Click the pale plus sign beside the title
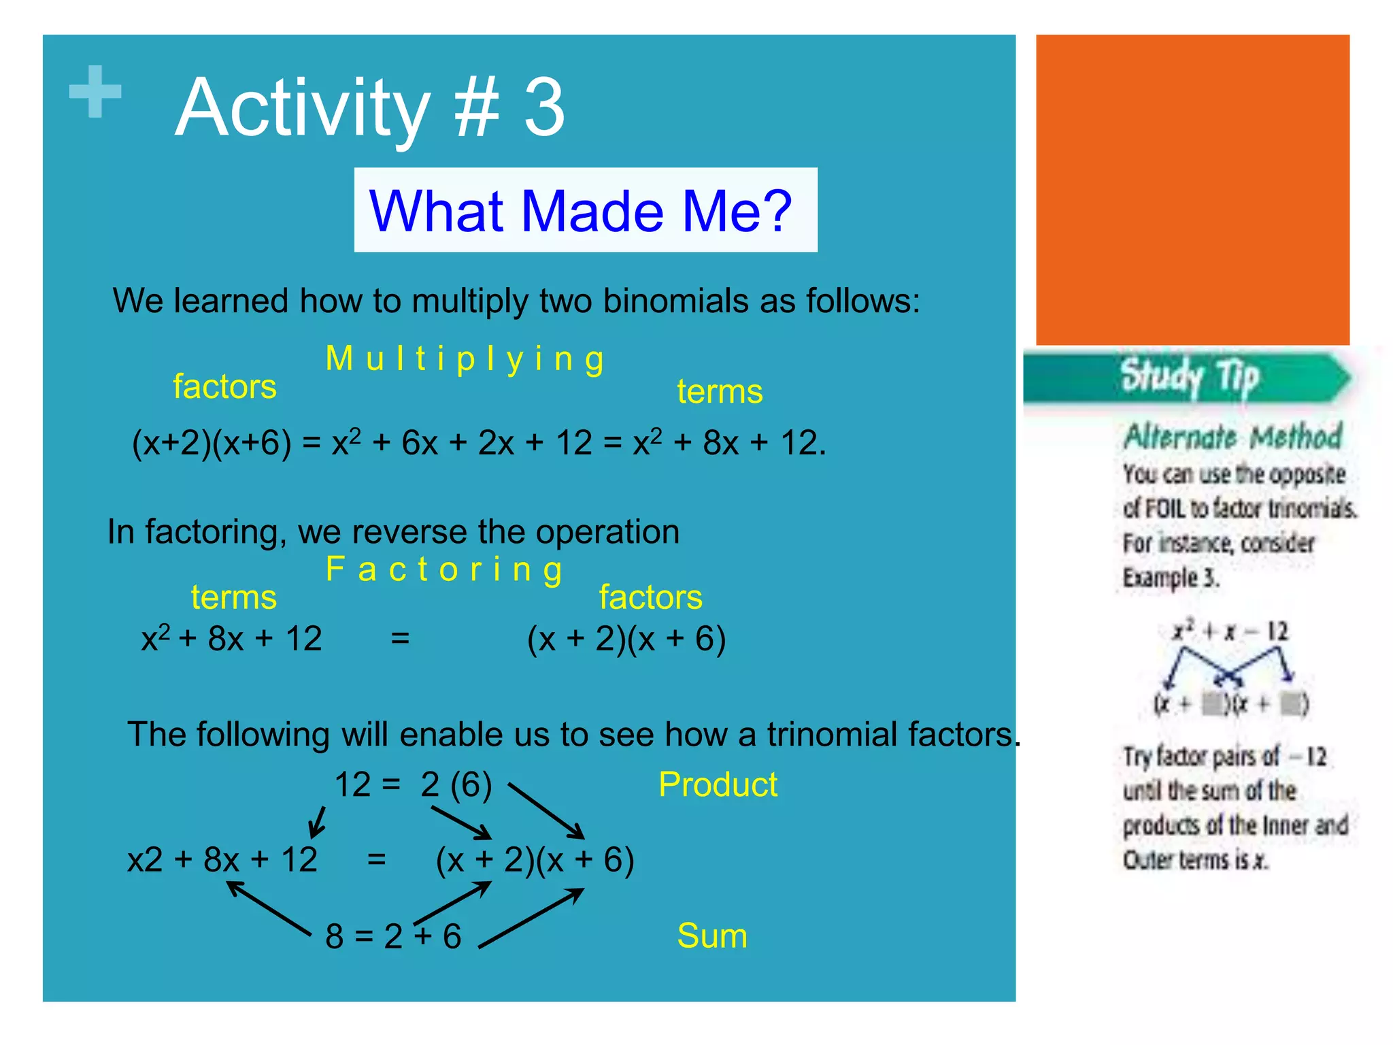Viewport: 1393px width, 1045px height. pyautogui.click(x=95, y=91)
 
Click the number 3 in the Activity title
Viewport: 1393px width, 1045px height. pyautogui.click(x=544, y=107)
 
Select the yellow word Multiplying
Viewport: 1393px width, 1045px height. pyautogui.click(x=465, y=359)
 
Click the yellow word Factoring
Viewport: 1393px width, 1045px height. pyautogui.click(x=443, y=569)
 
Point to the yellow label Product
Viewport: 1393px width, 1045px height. pyautogui.click(x=718, y=784)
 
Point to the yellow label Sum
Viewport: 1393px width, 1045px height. pyautogui.click(x=711, y=935)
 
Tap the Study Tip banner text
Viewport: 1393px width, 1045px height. pyautogui.click(x=1190, y=376)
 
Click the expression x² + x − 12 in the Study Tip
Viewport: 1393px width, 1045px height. pyautogui.click(x=1230, y=631)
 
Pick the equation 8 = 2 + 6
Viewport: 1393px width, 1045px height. pyautogui.click(x=393, y=936)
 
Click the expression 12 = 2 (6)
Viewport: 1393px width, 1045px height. pyautogui.click(x=413, y=784)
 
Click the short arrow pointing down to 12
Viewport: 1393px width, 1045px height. pyautogui.click(x=317, y=823)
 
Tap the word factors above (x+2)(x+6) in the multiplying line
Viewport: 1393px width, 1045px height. pyautogui.click(x=224, y=386)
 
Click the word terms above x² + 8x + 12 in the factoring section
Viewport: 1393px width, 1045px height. pyautogui.click(x=233, y=597)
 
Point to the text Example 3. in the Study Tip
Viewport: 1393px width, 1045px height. pyautogui.click(x=1170, y=578)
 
